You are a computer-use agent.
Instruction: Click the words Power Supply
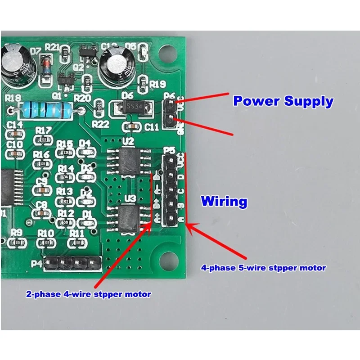(x=283, y=101)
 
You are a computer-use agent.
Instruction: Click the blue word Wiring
(x=224, y=201)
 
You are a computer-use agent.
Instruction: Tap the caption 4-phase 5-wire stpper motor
(x=263, y=268)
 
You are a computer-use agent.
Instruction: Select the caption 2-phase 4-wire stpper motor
(x=88, y=294)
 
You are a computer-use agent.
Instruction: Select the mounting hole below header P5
(x=169, y=260)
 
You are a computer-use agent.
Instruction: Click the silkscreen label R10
(x=46, y=233)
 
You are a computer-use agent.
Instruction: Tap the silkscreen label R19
(x=157, y=84)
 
